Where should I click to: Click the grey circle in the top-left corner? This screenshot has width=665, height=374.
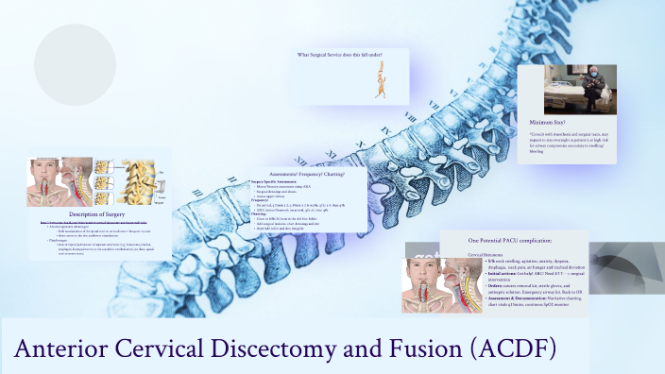(74, 54)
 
